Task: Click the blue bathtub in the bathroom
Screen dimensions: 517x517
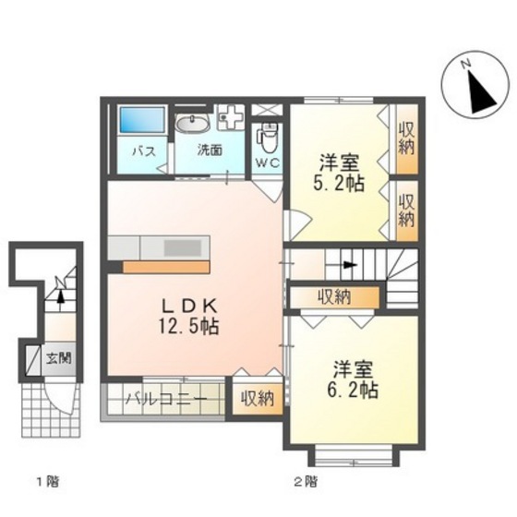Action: pyautogui.click(x=142, y=121)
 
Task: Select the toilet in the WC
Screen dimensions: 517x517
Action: pyautogui.click(x=269, y=138)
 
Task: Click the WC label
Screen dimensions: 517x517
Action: pyautogui.click(x=268, y=162)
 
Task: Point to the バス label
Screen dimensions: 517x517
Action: pyautogui.click(x=144, y=152)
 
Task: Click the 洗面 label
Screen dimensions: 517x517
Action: pyautogui.click(x=210, y=150)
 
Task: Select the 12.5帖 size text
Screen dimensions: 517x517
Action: pyautogui.click(x=188, y=327)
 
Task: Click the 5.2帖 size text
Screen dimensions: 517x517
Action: pyautogui.click(x=338, y=183)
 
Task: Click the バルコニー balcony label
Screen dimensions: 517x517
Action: pyautogui.click(x=167, y=399)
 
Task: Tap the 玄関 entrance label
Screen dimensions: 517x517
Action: pyautogui.click(x=58, y=357)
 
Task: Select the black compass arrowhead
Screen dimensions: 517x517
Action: pyautogui.click(x=482, y=93)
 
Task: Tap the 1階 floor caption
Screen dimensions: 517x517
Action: pyautogui.click(x=48, y=482)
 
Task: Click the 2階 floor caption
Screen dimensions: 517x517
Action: pyautogui.click(x=306, y=482)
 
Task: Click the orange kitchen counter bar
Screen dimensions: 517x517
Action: pyautogui.click(x=166, y=267)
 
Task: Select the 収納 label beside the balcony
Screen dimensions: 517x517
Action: pyautogui.click(x=258, y=398)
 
